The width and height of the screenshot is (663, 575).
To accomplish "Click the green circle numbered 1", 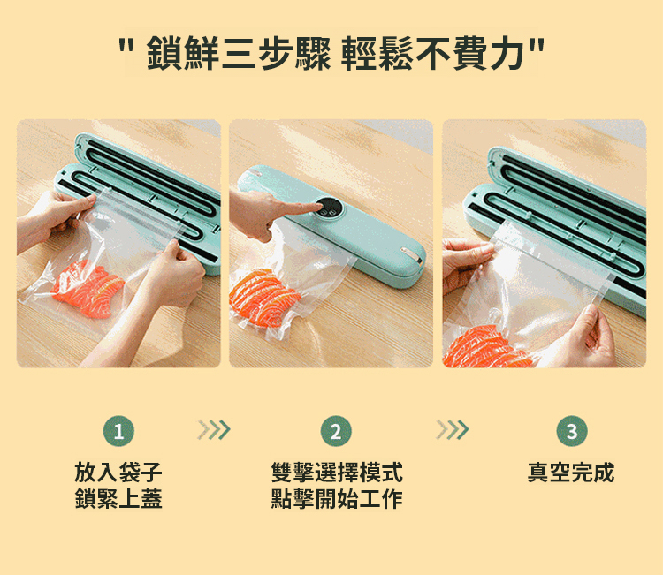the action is point(118,431).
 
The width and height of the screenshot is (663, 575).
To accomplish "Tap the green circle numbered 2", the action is point(336,431).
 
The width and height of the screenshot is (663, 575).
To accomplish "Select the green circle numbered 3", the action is point(572,431).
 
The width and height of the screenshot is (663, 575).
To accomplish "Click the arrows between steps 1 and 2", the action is point(214,429).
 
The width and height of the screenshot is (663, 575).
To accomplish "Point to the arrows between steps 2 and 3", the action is point(453,429).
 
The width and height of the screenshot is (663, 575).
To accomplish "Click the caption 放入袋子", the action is point(118,472).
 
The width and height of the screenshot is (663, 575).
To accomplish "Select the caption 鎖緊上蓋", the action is point(118,498).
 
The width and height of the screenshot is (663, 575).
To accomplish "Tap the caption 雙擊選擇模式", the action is point(337,472).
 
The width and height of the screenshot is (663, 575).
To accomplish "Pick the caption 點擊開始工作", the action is point(337,498).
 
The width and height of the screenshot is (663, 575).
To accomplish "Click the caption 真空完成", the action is point(571,472).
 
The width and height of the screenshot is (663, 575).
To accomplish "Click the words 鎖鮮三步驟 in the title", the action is point(239,53).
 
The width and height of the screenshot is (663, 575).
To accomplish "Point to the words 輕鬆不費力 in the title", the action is point(433,53).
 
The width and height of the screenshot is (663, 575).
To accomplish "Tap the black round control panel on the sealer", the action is point(329,207).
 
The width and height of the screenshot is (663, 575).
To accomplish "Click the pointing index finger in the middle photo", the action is point(298,208).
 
